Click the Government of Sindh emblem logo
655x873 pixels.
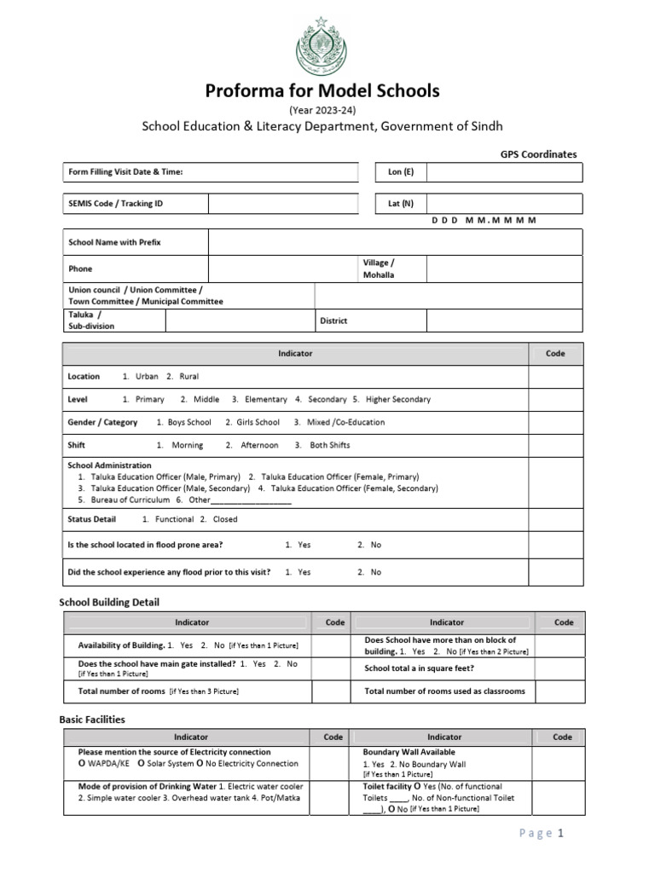coord(322,47)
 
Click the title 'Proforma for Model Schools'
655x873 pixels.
coord(322,91)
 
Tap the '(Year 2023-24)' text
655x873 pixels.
coord(322,110)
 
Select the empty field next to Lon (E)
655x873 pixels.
coord(504,172)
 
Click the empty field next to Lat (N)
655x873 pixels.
coord(504,204)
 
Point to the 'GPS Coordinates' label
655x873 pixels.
coord(537,154)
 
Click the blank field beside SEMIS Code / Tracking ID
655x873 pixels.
coord(281,204)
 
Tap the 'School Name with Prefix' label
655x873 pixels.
coord(114,242)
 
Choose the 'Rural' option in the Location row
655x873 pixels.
coord(188,376)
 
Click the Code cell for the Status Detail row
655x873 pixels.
coord(555,519)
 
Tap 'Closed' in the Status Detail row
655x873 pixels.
coord(225,519)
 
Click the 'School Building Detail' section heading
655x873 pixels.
coord(109,603)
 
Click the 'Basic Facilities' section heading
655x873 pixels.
coord(92,720)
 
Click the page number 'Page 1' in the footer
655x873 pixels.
coord(542,834)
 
